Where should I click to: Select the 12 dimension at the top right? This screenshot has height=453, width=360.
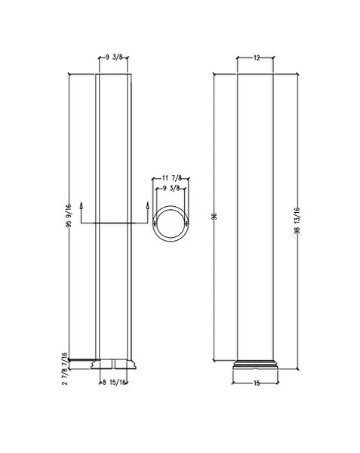point(256,57)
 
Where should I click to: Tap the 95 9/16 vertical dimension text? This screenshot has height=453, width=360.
point(69,215)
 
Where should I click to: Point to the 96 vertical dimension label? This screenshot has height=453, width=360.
point(214,216)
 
